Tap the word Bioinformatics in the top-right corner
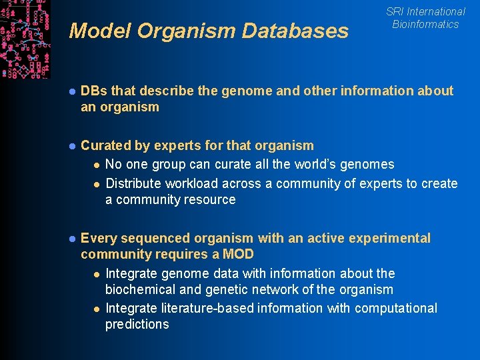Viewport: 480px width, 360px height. coord(425,25)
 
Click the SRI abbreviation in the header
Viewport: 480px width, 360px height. coord(395,11)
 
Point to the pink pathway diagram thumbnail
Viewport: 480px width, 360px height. coord(25,39)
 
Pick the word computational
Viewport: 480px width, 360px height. coord(396,308)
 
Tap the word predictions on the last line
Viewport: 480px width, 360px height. coord(137,324)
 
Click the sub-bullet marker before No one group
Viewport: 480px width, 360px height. coord(97,165)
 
